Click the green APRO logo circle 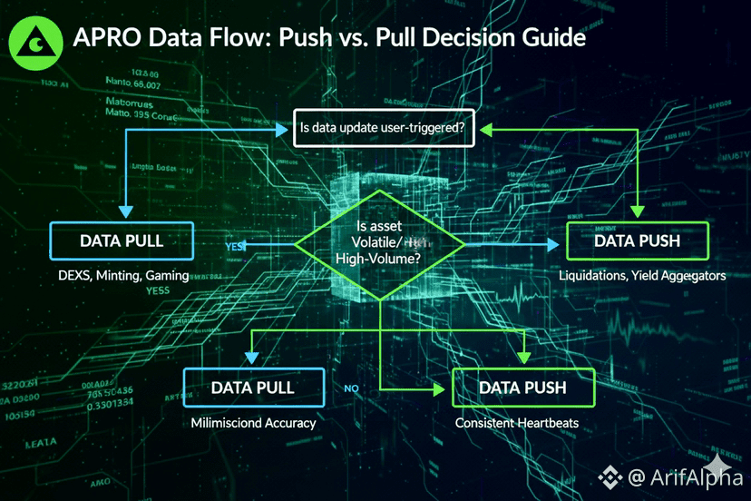click(x=35, y=41)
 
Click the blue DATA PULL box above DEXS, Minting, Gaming click(x=122, y=241)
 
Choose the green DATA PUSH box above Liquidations click(x=637, y=241)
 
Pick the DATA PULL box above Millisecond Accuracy click(x=253, y=388)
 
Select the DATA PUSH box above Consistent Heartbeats click(x=522, y=388)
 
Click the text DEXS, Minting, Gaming click(x=122, y=276)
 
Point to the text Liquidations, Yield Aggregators click(x=642, y=276)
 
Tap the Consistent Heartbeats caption click(x=516, y=423)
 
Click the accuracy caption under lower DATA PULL click(x=253, y=423)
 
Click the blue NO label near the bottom click(x=352, y=388)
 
